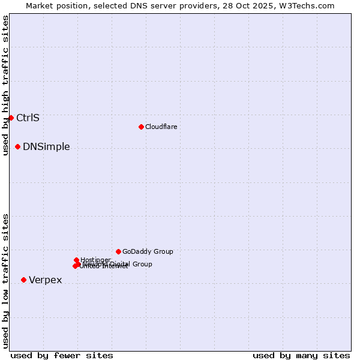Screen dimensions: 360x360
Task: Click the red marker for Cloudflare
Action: pyautogui.click(x=141, y=127)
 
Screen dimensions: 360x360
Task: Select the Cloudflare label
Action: pyautogui.click(x=161, y=127)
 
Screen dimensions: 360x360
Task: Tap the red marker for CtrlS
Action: pyautogui.click(x=11, y=118)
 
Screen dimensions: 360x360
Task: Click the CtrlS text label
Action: pyautogui.click(x=28, y=118)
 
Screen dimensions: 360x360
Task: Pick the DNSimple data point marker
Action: pyautogui.click(x=17, y=146)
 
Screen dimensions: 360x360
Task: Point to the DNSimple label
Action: pyautogui.click(x=46, y=147)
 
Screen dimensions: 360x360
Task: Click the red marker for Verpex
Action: pyautogui.click(x=23, y=280)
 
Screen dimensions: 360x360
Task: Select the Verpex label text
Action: pyautogui.click(x=45, y=280)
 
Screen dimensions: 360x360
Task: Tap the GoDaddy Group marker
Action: pyautogui.click(x=118, y=251)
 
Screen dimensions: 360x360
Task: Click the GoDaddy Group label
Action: pyautogui.click(x=148, y=252)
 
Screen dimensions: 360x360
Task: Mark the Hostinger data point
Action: pyautogui.click(x=76, y=260)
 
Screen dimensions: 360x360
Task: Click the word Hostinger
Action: pyautogui.click(x=95, y=260)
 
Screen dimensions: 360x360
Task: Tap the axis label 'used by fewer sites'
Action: pyautogui.click(x=62, y=355)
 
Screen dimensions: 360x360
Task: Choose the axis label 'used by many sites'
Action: pyautogui.click(x=301, y=355)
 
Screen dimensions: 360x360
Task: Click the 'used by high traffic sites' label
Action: pyautogui.click(x=5, y=85)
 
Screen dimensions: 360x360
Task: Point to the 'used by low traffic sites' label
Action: pyautogui.click(x=5, y=281)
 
